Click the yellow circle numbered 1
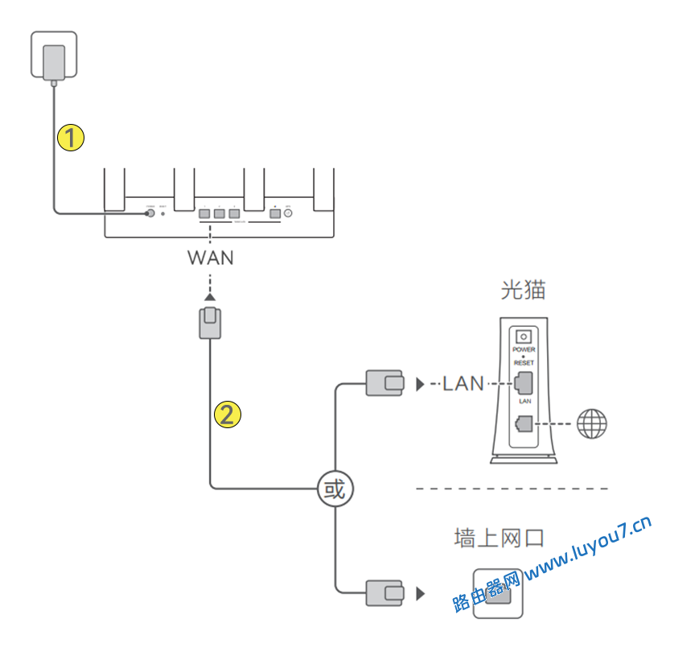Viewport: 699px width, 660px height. tap(72, 137)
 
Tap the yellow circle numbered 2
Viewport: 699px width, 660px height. tap(228, 415)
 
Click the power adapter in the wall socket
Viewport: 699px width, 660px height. tap(54, 63)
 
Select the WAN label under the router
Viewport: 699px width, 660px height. tap(211, 258)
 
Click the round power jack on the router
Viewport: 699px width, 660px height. tap(150, 213)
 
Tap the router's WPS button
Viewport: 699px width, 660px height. tap(287, 214)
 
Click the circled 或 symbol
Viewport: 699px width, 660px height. tap(335, 489)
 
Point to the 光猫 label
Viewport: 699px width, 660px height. tap(523, 290)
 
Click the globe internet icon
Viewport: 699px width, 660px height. tap(592, 423)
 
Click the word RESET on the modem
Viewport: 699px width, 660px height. tap(524, 363)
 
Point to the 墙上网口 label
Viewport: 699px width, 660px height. tap(499, 538)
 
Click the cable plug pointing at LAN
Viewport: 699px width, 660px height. tap(384, 383)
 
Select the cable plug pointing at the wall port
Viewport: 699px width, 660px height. tap(384, 593)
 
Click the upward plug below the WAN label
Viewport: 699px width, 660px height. tap(210, 323)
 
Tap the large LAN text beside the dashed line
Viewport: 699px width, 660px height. tap(463, 384)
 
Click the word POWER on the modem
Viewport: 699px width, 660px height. tap(524, 350)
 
